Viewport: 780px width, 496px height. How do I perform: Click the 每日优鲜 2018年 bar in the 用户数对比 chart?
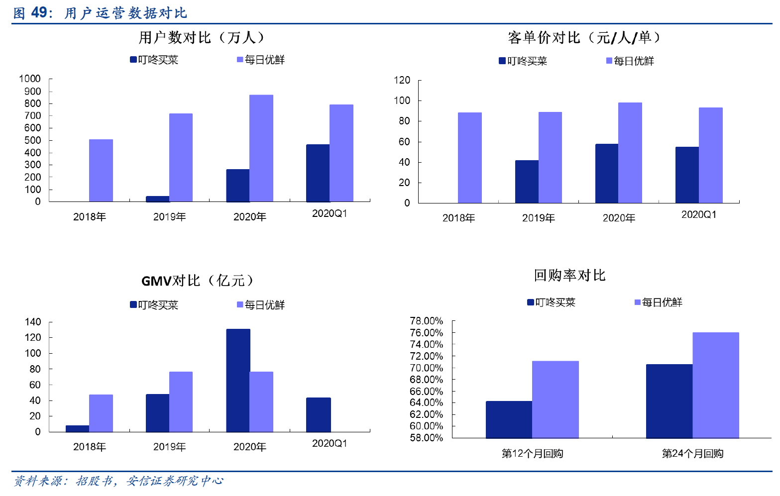(x=101, y=170)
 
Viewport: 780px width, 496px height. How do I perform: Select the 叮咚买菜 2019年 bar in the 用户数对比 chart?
(x=157, y=199)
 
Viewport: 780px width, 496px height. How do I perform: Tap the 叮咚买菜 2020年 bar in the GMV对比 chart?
(x=238, y=380)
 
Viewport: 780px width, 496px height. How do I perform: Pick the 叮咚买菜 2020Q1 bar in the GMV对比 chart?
(x=318, y=414)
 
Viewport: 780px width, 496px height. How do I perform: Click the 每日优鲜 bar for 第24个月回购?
(x=715, y=385)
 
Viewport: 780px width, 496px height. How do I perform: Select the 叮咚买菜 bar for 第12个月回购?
(x=509, y=419)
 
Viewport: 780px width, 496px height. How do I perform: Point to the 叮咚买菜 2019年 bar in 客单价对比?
(x=527, y=182)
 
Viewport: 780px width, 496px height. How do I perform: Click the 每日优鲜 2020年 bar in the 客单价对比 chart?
(x=630, y=153)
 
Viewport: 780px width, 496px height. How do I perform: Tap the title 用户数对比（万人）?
(x=202, y=37)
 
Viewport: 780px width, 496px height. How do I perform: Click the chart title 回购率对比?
(x=569, y=275)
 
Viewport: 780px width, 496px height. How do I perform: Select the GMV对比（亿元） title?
(x=198, y=281)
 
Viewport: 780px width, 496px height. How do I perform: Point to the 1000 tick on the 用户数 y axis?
(x=30, y=79)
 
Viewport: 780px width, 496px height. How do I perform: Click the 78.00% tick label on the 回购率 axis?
(x=426, y=321)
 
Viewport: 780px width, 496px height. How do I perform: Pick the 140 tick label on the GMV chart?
(x=33, y=322)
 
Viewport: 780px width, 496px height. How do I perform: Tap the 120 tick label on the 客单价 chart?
(x=402, y=80)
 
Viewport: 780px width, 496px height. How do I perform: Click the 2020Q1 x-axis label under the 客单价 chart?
(x=698, y=214)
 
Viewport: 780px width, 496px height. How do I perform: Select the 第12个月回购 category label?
(x=532, y=453)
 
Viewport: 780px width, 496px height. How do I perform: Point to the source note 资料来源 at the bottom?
(x=118, y=481)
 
